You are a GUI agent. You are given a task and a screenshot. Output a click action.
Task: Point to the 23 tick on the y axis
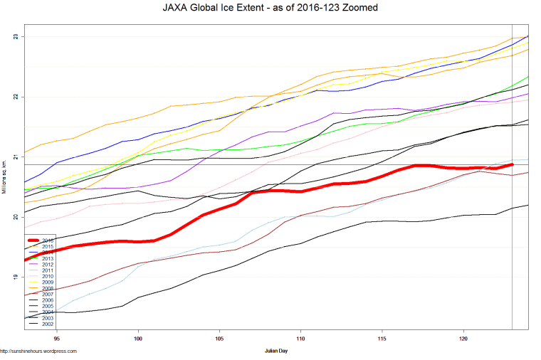pyautogui.click(x=16, y=36)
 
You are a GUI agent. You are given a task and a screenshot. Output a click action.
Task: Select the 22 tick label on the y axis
pyautogui.click(x=16, y=97)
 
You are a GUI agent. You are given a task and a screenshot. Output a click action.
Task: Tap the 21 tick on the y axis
pyautogui.click(x=16, y=157)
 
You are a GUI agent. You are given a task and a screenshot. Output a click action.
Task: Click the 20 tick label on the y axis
pyautogui.click(x=16, y=217)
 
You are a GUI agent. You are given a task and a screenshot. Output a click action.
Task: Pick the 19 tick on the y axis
pyautogui.click(x=16, y=277)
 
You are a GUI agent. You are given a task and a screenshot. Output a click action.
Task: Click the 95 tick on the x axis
pyautogui.click(x=56, y=339)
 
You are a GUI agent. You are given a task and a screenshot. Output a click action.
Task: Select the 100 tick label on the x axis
pyautogui.click(x=138, y=339)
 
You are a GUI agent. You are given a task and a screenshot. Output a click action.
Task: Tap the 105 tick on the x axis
pyautogui.click(x=219, y=339)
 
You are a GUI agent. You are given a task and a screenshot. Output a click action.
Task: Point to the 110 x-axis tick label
pyautogui.click(x=301, y=339)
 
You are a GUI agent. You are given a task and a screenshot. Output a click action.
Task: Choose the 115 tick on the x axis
pyautogui.click(x=382, y=339)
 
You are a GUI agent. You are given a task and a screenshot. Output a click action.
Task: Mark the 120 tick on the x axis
pyautogui.click(x=464, y=339)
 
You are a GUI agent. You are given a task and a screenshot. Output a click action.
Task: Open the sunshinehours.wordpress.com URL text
pyautogui.click(x=38, y=351)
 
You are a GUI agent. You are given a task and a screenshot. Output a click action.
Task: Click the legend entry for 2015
pyautogui.click(x=48, y=246)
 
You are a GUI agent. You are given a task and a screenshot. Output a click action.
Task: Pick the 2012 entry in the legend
pyautogui.click(x=48, y=265)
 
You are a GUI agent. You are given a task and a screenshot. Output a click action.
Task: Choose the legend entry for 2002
pyautogui.click(x=48, y=324)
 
